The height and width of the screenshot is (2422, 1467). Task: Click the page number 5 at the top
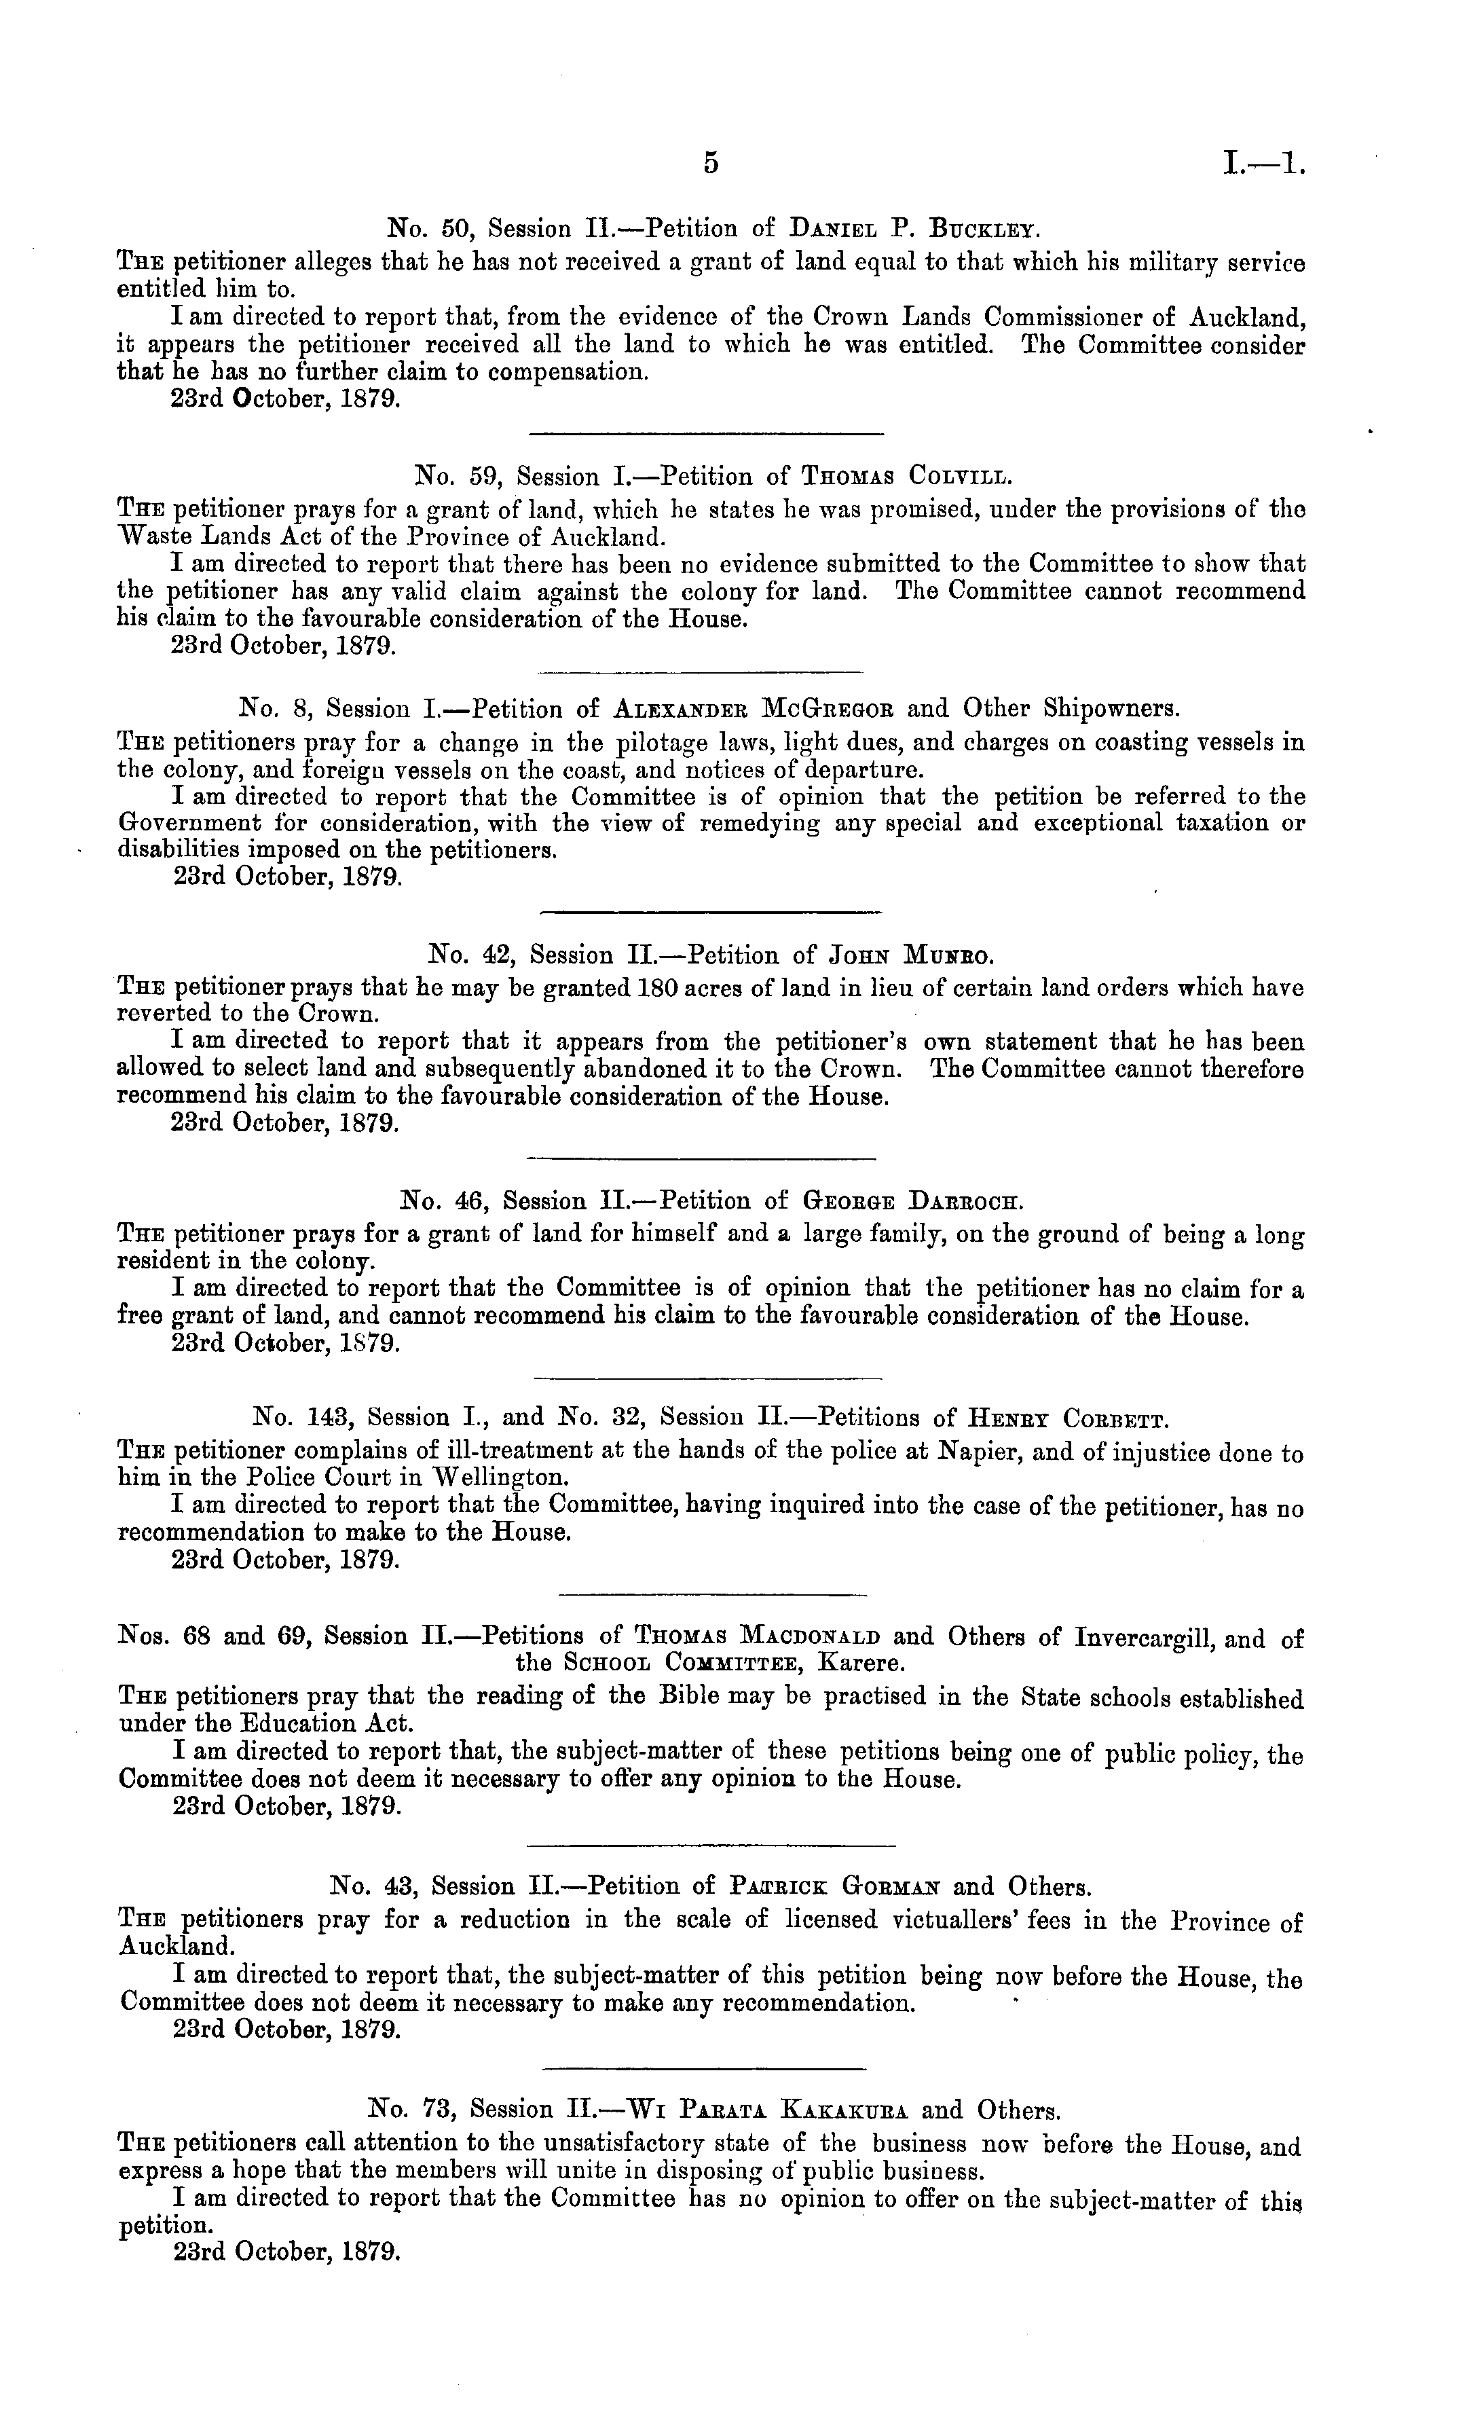711,162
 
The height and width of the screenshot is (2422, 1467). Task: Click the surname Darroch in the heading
967,1201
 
